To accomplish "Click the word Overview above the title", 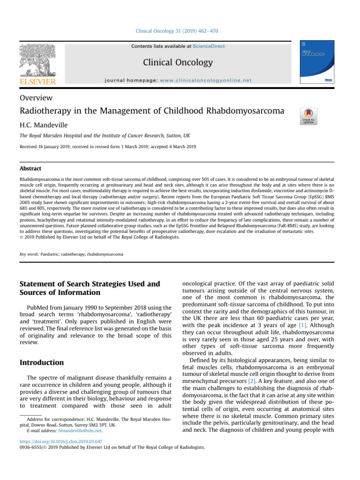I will pyautogui.click(x=36, y=98).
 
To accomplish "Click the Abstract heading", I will pyautogui.click(x=30, y=169).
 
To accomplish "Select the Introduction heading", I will pyautogui.click(x=42, y=362).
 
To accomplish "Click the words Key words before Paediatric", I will pyautogui.click(x=29, y=254).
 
